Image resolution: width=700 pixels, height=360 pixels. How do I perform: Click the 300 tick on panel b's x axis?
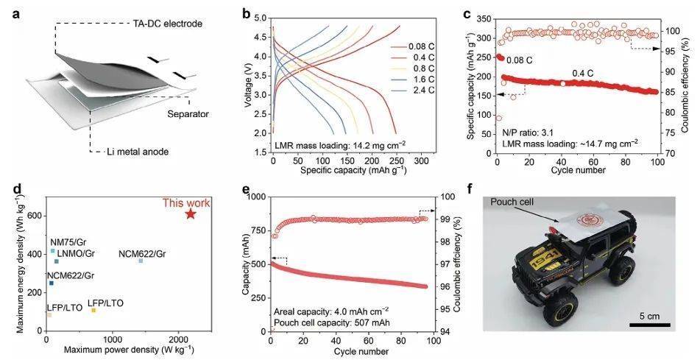pos(420,160)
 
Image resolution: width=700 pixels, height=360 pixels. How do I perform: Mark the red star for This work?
pos(190,213)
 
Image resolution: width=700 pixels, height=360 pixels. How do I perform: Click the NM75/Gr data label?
pos(66,241)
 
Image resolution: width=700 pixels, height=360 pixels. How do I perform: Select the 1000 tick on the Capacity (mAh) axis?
pos(258,197)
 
